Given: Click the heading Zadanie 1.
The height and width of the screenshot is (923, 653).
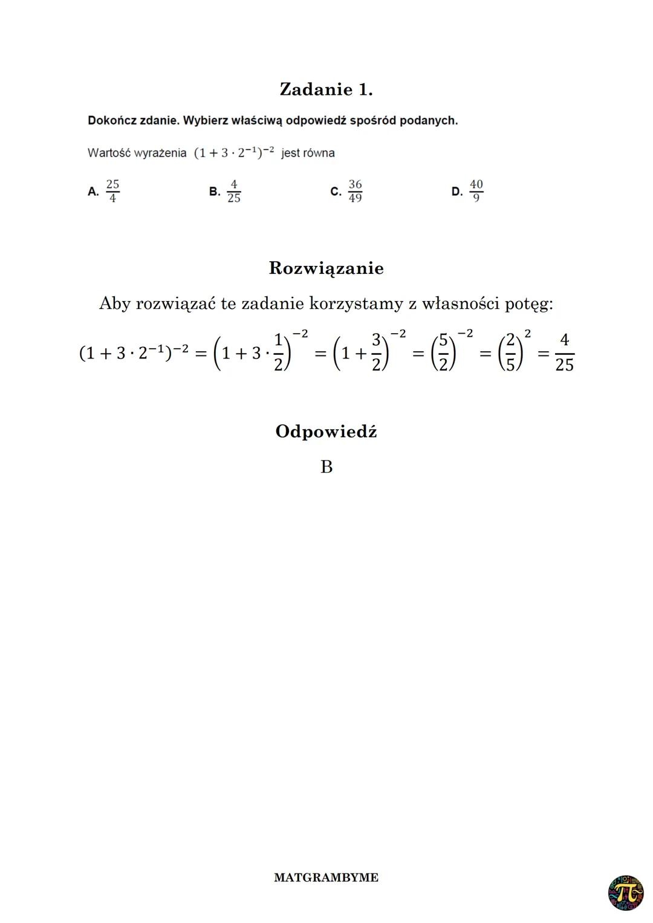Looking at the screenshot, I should point(326,89).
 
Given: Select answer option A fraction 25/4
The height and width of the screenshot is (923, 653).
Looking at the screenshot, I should point(112,191).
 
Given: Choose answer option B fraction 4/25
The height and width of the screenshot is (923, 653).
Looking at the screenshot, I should point(233,191).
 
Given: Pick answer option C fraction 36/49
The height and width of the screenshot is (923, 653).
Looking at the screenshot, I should point(355,191).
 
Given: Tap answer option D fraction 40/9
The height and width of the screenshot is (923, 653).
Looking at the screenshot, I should point(476,191).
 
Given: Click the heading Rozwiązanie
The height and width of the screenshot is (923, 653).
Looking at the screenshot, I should point(326,268).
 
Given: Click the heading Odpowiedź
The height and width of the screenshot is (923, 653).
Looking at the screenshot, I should point(326,432).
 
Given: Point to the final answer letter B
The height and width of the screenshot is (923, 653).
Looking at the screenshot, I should point(326,467).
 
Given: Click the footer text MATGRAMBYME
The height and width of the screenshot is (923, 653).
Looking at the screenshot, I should point(326,878).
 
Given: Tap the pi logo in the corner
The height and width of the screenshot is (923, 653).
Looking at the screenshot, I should point(626,893).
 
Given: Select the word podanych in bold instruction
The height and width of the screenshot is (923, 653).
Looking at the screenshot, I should point(431,120).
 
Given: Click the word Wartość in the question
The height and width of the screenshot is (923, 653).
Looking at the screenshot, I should point(106,153).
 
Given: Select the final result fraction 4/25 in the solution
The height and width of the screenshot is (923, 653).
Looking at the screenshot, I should point(564,352).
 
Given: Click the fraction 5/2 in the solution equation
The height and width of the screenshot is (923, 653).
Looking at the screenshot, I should point(443,352).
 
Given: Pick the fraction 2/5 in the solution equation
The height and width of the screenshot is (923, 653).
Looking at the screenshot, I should point(510,352).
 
